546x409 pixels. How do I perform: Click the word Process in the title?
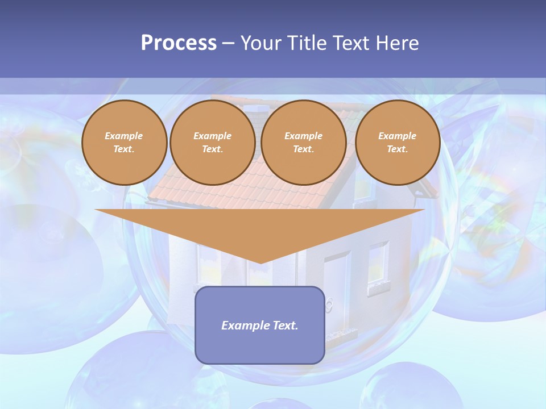coord(179,43)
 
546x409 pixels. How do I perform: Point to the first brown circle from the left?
coord(124,143)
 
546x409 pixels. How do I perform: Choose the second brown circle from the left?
coord(212,143)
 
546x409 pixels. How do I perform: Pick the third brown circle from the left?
coord(303,143)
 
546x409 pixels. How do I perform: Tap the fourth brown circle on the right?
coord(397,143)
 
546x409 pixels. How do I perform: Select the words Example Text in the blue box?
coord(260,325)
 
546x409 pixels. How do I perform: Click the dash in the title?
coord(229,43)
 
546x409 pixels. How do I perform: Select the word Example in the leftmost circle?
coord(124,136)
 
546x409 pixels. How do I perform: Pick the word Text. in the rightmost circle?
coord(397,149)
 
